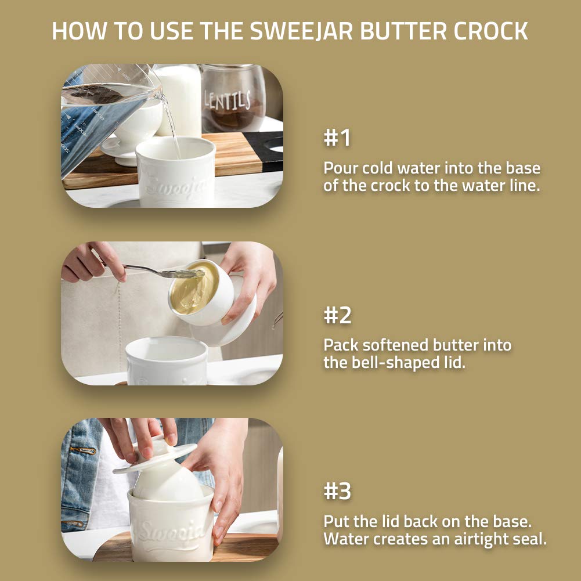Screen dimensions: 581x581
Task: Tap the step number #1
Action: pyautogui.click(x=337, y=139)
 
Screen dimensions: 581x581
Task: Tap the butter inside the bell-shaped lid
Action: pyautogui.click(x=194, y=287)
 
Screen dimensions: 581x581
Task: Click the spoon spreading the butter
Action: pyautogui.click(x=157, y=271)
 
